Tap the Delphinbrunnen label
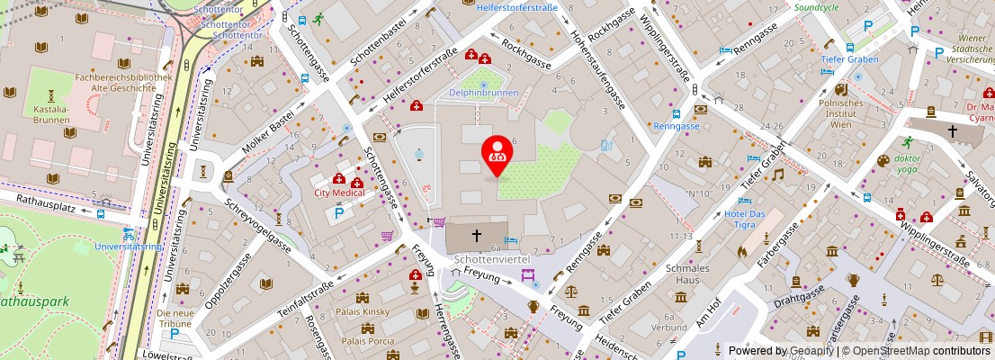[x=484, y=92]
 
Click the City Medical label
[x=339, y=193]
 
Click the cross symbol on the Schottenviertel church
[x=477, y=236]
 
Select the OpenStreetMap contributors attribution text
[x=924, y=351]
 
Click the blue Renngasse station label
[x=677, y=126]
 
